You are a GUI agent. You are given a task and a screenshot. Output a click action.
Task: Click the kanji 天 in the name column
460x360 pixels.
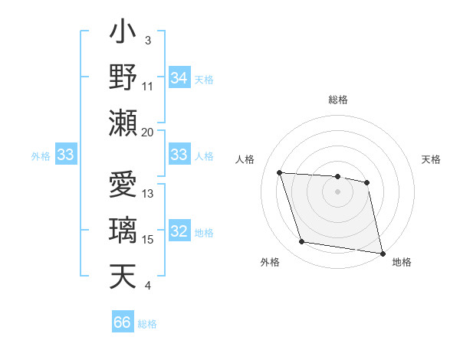pyautogui.click(x=123, y=276)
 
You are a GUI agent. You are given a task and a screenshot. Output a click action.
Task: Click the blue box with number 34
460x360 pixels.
pyautogui.click(x=179, y=78)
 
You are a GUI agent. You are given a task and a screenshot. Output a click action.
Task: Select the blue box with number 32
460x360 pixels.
pyautogui.click(x=179, y=232)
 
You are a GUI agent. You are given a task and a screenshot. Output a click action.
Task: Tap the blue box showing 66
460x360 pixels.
pyautogui.click(x=122, y=322)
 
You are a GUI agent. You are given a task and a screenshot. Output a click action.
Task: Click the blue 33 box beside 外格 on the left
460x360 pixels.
pyautogui.click(x=66, y=155)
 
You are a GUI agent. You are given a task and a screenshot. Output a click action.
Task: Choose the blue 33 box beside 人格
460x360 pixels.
pyautogui.click(x=179, y=155)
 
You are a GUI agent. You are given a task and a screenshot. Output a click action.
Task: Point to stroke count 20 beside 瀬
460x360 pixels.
pyautogui.click(x=148, y=132)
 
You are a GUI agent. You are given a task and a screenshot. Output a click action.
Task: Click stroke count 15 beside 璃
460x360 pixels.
pyautogui.click(x=148, y=240)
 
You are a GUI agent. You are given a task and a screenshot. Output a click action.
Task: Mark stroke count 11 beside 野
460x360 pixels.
pyautogui.click(x=148, y=86)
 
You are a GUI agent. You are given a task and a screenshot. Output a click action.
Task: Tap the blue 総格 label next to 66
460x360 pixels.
pyautogui.click(x=147, y=323)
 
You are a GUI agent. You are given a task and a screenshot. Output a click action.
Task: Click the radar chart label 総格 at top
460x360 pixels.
pyautogui.click(x=337, y=100)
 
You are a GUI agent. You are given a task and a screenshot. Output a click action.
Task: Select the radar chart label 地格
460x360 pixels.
pyautogui.click(x=402, y=262)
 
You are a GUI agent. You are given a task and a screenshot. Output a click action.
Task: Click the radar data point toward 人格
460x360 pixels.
pyautogui.click(x=280, y=172)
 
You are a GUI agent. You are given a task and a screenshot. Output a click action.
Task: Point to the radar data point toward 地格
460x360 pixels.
pyautogui.click(x=382, y=253)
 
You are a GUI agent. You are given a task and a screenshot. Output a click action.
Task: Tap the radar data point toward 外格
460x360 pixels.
pyautogui.click(x=302, y=242)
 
